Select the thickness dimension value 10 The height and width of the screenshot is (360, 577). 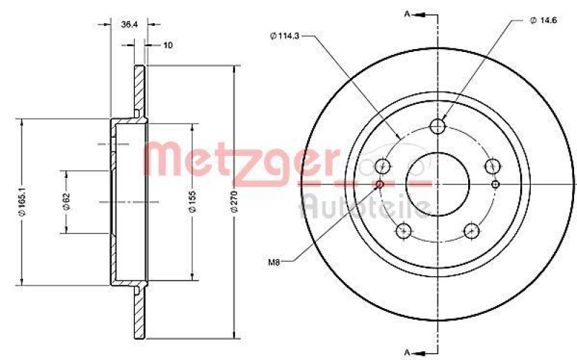167,45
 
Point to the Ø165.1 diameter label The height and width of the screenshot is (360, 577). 25,203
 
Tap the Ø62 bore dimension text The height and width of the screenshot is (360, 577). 66,201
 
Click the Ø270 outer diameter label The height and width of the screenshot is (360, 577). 234,203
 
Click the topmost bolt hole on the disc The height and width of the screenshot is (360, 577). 437,127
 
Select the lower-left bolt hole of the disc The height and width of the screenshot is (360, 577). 403,231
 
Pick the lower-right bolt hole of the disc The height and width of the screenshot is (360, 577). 472,231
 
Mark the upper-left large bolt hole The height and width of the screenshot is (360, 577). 383,167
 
